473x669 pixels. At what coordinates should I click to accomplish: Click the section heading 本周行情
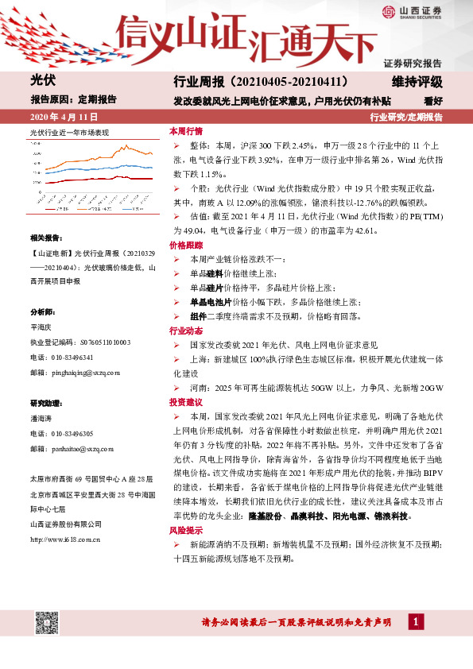[x=185, y=130]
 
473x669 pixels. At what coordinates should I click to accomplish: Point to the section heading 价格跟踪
[x=185, y=246]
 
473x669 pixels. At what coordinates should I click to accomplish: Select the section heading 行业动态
[x=185, y=330]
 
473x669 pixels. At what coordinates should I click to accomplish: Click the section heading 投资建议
[x=185, y=403]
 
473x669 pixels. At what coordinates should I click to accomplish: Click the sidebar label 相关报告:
[x=45, y=238]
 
